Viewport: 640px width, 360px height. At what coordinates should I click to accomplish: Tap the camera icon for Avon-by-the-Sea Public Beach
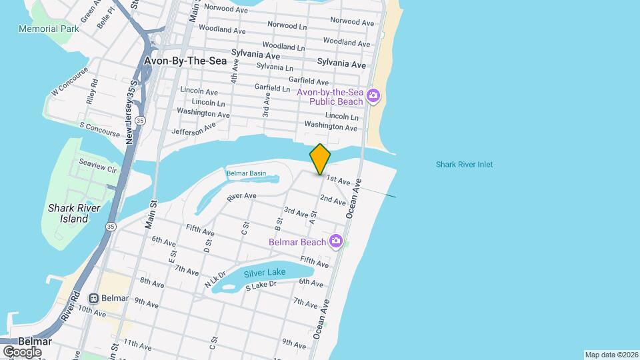[x=374, y=96]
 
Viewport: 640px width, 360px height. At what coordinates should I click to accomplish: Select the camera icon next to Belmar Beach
[x=337, y=241]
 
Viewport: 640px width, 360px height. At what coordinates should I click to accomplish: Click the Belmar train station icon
[x=95, y=299]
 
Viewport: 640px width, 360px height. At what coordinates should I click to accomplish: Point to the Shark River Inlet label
[x=464, y=165]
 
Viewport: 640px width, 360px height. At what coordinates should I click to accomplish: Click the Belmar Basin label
[x=246, y=173]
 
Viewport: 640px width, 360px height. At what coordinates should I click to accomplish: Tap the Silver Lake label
[x=265, y=273]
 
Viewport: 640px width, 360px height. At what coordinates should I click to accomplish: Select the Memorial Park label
[x=49, y=29]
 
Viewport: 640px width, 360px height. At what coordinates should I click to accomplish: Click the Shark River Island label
[x=74, y=213]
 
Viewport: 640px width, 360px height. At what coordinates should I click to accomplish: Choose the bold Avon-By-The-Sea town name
[x=185, y=61]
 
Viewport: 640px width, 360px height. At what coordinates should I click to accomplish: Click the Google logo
[x=22, y=351]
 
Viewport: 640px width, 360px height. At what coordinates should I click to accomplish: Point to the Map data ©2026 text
[x=611, y=355]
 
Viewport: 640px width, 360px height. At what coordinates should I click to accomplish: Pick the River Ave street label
[x=241, y=197]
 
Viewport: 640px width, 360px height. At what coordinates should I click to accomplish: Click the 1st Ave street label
[x=338, y=180]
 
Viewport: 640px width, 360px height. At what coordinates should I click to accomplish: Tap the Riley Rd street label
[x=92, y=93]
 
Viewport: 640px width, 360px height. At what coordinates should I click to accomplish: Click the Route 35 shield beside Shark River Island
[x=107, y=227]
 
